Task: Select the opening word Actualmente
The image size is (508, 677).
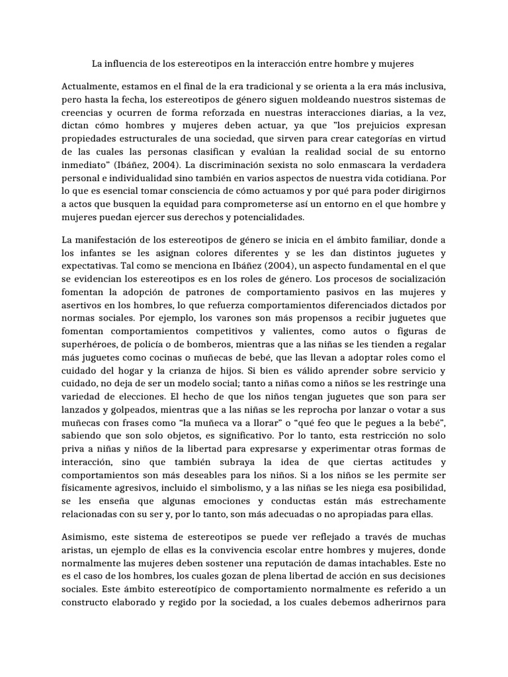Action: point(91,87)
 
